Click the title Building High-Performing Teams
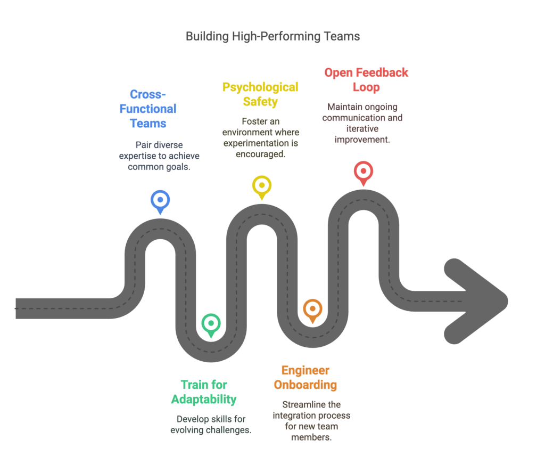(272, 37)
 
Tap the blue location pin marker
(160, 201)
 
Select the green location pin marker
(211, 323)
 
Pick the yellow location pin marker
(261, 186)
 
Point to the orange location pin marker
(312, 310)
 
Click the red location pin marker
(363, 172)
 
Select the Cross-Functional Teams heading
(148, 109)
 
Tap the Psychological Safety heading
(260, 94)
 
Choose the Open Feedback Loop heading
(366, 79)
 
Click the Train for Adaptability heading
(204, 392)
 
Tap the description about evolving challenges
(211, 424)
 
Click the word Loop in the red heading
(366, 86)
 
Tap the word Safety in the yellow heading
(261, 101)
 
